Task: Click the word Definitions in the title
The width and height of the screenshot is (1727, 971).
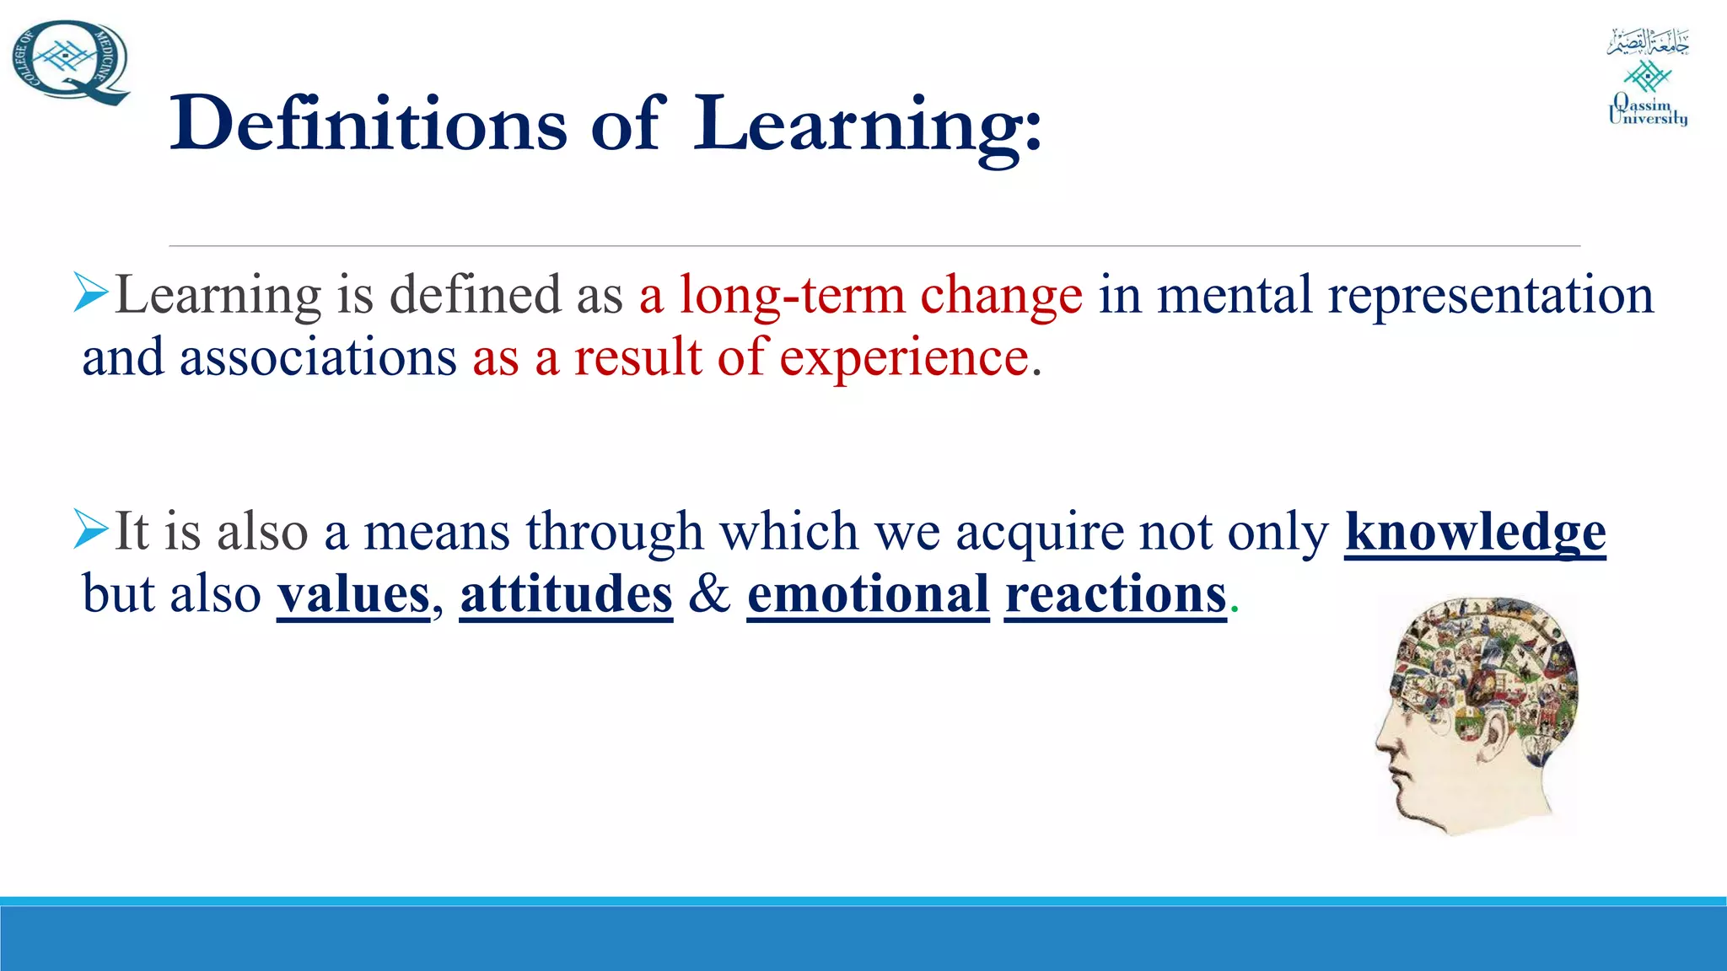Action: [368, 124]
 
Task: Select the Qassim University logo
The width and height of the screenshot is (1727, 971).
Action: [1648, 78]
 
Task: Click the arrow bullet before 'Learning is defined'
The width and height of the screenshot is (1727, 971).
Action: [91, 292]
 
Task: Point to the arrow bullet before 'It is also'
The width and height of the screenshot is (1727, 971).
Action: [91, 528]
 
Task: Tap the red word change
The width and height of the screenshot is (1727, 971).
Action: [1001, 296]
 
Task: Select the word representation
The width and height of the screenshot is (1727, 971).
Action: [1490, 296]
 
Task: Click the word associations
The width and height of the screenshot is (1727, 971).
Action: [318, 357]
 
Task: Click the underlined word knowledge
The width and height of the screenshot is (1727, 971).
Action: [1475, 533]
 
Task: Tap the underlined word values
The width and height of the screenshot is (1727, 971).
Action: [353, 594]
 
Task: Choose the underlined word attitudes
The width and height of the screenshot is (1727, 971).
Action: [566, 594]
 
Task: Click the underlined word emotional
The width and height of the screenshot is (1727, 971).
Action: [868, 594]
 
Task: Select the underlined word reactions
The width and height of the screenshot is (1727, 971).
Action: [1115, 594]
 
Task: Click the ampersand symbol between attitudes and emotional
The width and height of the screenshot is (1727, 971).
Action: [709, 593]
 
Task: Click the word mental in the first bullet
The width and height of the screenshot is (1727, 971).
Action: [1235, 296]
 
